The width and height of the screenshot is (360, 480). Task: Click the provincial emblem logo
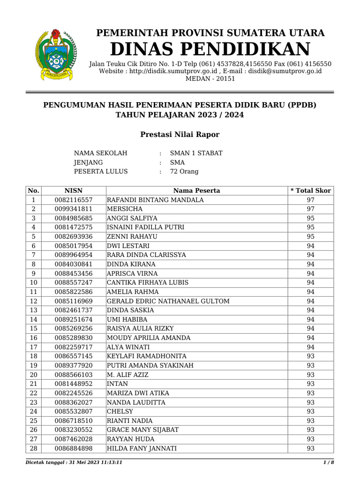(55, 54)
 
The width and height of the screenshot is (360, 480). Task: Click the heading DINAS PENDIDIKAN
(210, 49)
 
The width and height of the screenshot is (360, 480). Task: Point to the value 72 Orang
(184, 172)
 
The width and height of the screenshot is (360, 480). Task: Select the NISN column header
(73, 191)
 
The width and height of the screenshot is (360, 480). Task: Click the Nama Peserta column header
(196, 191)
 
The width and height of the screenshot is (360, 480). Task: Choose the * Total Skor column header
(310, 191)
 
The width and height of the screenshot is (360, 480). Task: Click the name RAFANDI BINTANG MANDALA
(155, 200)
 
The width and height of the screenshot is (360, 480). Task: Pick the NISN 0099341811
(73, 209)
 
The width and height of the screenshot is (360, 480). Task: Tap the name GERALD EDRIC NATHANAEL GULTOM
(168, 301)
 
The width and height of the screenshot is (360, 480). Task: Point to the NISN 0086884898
(73, 449)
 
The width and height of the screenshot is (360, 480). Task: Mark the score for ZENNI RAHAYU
(310, 237)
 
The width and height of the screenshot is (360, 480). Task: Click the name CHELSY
(120, 412)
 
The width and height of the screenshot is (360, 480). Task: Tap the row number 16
(34, 338)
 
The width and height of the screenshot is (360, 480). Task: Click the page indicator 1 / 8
(329, 463)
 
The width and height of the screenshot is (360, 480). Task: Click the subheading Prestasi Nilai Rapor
(180, 135)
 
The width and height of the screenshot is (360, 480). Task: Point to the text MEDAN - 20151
(210, 79)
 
